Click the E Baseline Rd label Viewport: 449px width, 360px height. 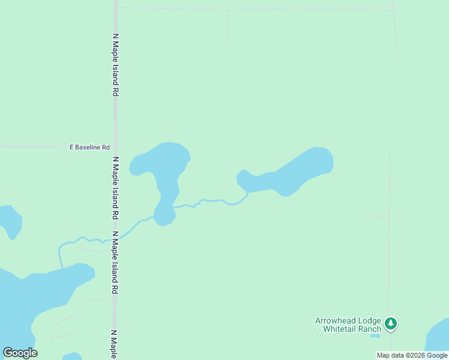(90, 147)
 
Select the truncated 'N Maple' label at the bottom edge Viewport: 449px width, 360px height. (113, 343)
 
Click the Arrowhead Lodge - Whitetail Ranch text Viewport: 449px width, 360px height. (348, 325)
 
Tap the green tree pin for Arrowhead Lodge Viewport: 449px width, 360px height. (391, 324)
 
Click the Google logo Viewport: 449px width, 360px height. (20, 353)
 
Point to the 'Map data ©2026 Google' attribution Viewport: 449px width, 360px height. (412, 355)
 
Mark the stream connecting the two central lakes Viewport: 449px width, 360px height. (210, 201)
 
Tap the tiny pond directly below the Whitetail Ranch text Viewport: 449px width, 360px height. (375, 335)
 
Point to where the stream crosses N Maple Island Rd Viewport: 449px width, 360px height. (115, 239)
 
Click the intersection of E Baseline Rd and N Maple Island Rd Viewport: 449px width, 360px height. (115, 147)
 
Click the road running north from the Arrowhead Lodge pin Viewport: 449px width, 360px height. (390, 240)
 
